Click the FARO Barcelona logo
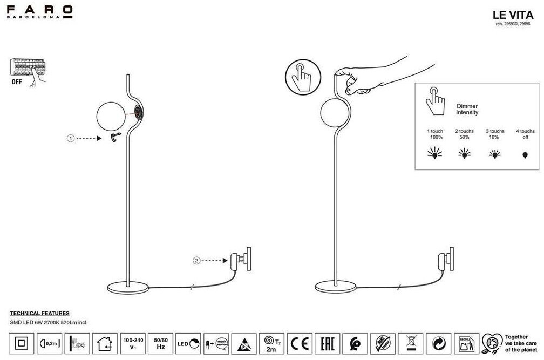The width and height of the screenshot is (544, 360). point(39,11)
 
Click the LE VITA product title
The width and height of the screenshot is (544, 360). point(513,16)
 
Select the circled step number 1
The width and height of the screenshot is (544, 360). point(70,139)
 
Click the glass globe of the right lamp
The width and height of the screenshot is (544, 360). point(333,113)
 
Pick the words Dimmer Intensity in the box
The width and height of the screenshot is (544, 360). point(467,110)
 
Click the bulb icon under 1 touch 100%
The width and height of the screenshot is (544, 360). point(434,154)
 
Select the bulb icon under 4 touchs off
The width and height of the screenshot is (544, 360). point(525,155)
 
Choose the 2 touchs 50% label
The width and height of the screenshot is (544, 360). point(464,134)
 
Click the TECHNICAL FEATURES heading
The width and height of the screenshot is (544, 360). point(40,313)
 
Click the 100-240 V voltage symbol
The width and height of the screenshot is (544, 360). point(133,344)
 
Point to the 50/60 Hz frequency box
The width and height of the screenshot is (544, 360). point(161,344)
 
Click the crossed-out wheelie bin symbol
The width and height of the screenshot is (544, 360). point(411,343)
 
